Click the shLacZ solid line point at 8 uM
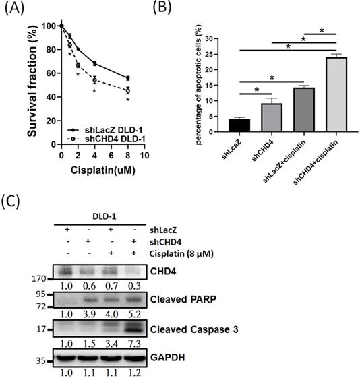pyautogui.click(x=127, y=78)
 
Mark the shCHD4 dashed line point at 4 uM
pyautogui.click(x=94, y=80)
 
